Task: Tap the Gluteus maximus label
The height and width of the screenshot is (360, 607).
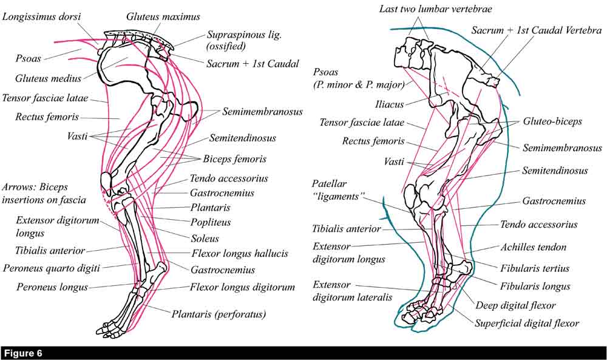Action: (x=163, y=17)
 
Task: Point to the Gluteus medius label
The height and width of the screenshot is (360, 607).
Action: (x=49, y=78)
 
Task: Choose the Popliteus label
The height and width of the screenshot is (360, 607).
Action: (x=209, y=223)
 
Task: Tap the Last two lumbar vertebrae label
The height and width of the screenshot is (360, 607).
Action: (x=435, y=8)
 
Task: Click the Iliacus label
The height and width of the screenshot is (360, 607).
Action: (x=389, y=104)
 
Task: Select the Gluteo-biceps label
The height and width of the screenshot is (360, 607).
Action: (x=552, y=121)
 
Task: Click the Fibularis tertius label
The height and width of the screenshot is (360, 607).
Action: (x=535, y=268)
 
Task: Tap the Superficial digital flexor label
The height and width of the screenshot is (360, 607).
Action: (x=527, y=324)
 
